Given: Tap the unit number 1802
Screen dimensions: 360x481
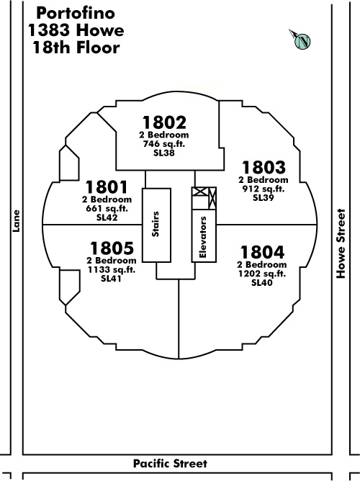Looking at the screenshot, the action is pos(164,122).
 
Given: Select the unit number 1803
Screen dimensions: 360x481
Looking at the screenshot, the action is pos(264,168).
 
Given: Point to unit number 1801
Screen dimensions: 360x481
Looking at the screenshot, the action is pos(107,187).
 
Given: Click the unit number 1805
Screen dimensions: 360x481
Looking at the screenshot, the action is pos(112,248).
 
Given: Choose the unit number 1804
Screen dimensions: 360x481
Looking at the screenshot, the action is pos(262,252).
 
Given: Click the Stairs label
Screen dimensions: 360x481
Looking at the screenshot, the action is pos(156,224).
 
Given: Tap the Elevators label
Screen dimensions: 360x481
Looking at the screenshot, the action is pos(203,237).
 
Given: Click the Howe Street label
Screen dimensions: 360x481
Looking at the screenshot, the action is pos(341,243).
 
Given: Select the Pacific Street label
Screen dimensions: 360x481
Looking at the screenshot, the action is pos(170,463).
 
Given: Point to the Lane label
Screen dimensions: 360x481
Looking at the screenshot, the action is pos(16,221).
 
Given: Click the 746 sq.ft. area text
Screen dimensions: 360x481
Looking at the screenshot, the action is pos(164,144).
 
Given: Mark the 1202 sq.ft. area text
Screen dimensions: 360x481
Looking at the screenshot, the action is pos(262,274).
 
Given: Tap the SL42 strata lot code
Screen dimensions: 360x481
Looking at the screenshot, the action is pos(107,217).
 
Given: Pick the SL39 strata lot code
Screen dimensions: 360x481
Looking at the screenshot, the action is pos(263,198).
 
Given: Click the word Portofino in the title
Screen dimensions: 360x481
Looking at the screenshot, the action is pos(76,13).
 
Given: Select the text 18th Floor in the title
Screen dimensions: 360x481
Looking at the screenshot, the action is pos(76,48).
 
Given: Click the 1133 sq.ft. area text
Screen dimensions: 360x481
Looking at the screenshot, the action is pos(112,270).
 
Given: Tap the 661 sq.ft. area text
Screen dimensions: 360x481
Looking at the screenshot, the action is pos(107,209).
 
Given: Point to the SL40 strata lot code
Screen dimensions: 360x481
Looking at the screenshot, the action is pos(262,282).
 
